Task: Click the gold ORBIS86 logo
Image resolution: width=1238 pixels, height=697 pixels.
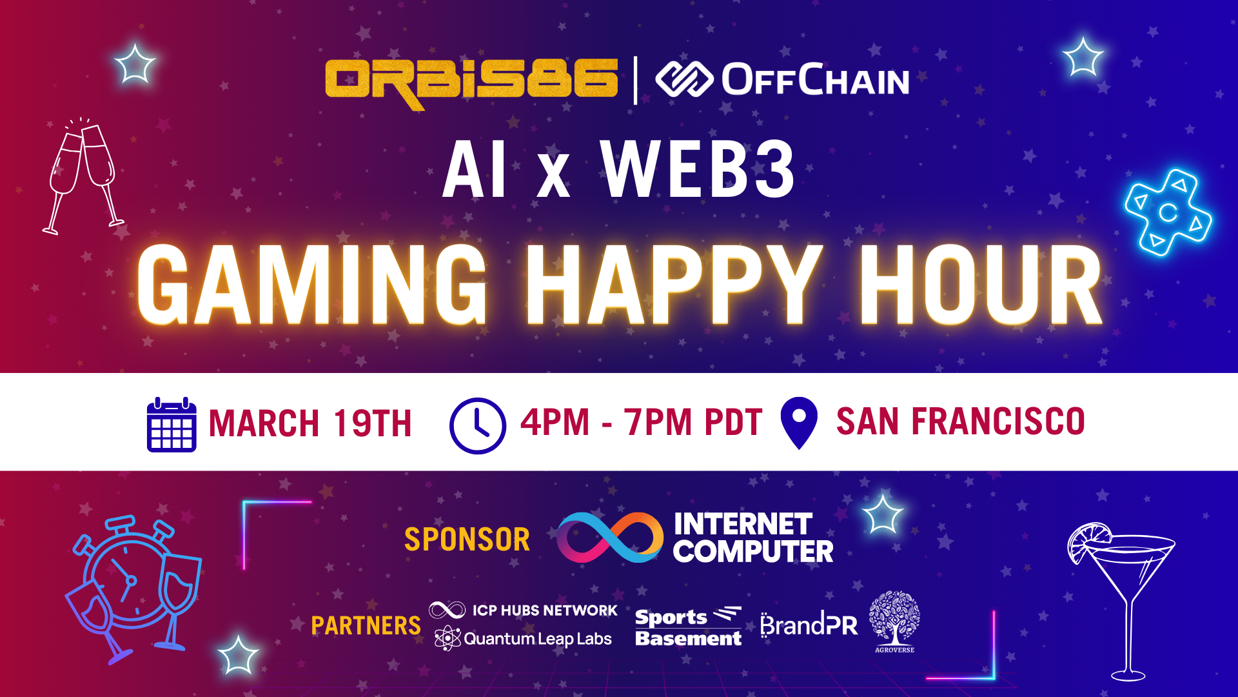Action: [471, 83]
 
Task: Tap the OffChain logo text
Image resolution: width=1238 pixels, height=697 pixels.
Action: [815, 80]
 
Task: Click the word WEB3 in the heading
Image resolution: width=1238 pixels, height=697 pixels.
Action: [698, 169]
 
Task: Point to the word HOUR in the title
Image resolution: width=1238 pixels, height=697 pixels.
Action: [981, 285]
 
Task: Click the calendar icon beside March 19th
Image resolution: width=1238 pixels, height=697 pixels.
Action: [172, 425]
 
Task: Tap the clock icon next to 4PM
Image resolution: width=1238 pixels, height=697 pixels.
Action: [478, 425]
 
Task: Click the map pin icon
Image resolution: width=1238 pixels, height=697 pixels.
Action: [799, 423]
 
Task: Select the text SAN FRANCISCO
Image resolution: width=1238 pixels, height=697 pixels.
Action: [961, 422]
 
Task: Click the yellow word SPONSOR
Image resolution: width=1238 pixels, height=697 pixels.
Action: [467, 540]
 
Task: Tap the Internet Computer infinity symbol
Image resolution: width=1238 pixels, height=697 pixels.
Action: [609, 537]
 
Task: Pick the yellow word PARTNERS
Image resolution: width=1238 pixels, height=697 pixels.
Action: [366, 625]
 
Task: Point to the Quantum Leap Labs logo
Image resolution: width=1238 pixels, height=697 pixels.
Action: [523, 638]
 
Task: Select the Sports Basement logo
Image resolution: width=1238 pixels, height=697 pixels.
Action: [689, 627]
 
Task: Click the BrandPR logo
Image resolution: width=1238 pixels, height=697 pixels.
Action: [809, 625]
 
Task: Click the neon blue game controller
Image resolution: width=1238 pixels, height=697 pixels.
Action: [1168, 212]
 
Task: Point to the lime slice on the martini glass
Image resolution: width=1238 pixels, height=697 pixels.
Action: [1088, 541]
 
